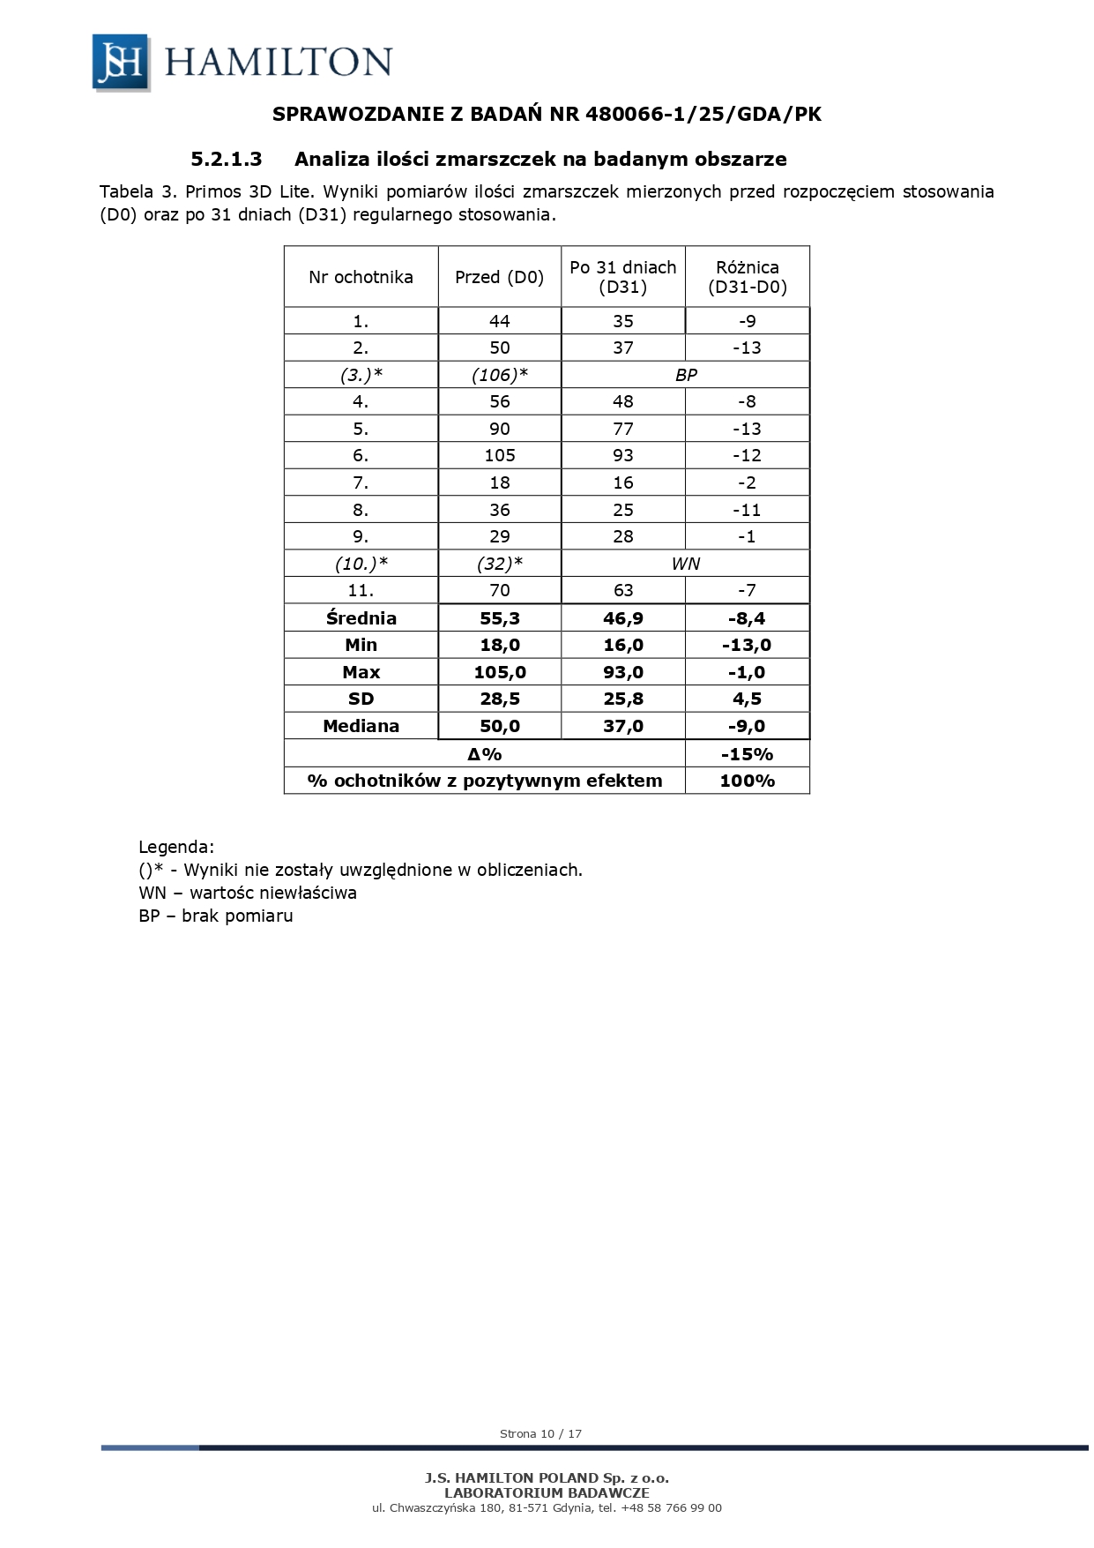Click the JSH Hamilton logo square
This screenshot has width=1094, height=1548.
[x=121, y=62]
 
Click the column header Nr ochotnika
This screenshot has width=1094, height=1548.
[x=361, y=277]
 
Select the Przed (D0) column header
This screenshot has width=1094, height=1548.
[x=499, y=277]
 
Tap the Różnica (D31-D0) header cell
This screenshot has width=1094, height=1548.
[x=747, y=277]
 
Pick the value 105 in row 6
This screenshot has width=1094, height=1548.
[x=499, y=455]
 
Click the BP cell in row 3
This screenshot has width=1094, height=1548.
[x=685, y=375]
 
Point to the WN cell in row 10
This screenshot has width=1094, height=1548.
[x=685, y=564]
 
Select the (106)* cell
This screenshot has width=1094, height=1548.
[x=499, y=375]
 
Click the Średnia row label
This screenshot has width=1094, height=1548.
[x=361, y=618]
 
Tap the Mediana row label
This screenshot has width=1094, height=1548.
[x=361, y=726]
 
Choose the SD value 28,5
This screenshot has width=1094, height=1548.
[x=499, y=699]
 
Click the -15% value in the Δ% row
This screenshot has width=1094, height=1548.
[x=747, y=754]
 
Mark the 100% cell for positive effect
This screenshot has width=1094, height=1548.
[x=747, y=781]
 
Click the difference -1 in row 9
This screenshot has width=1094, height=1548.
[x=747, y=536]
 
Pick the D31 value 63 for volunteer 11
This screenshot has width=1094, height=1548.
[x=622, y=590]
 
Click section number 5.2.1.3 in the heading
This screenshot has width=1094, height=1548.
[x=227, y=160]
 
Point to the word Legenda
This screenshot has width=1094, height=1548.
[x=176, y=848]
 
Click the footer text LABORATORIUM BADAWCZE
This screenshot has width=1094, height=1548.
[x=547, y=1492]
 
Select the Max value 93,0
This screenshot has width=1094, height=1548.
[x=622, y=672]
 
